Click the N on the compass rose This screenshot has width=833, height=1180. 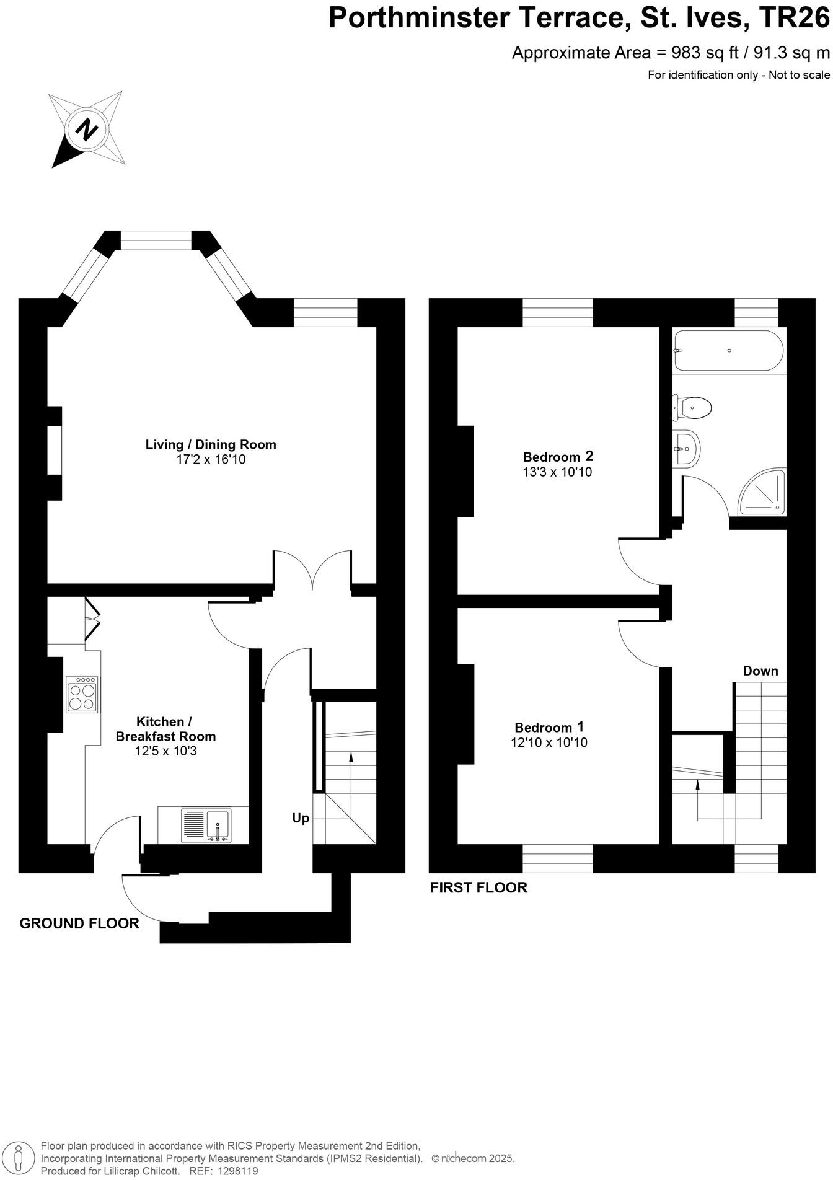[x=87, y=130]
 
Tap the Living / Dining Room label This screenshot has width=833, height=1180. [x=211, y=444]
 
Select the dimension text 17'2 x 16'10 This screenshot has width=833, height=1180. [x=211, y=460]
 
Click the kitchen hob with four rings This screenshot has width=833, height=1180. [x=82, y=695]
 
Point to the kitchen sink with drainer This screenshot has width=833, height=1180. [x=206, y=826]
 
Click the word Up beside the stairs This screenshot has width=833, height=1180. [x=301, y=818]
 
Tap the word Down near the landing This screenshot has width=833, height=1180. [x=760, y=671]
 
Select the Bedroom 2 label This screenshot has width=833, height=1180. [x=558, y=457]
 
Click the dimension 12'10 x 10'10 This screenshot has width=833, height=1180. [x=549, y=742]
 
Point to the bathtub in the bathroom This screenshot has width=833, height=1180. [x=729, y=351]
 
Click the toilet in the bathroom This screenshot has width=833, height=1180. [x=694, y=408]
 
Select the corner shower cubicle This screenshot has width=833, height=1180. [x=764, y=493]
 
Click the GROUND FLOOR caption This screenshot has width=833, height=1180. [x=79, y=923]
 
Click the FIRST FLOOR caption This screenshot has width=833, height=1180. [x=478, y=887]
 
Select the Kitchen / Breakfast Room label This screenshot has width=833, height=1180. [x=165, y=729]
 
